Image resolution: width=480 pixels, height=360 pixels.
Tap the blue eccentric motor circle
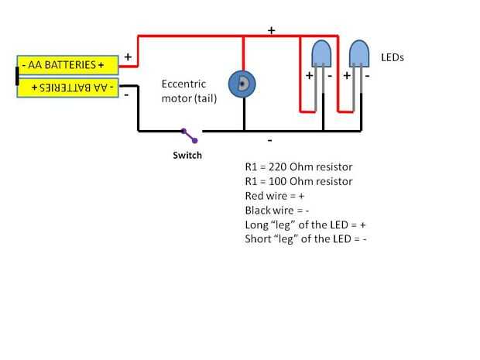click(242, 84)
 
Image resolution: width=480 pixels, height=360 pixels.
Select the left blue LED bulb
click(320, 53)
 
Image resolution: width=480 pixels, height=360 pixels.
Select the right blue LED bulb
click(358, 53)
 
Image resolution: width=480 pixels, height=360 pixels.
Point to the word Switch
click(187, 156)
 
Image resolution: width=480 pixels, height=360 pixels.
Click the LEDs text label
click(393, 57)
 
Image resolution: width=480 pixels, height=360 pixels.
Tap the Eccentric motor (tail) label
click(189, 91)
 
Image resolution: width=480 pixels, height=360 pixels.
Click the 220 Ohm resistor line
click(298, 167)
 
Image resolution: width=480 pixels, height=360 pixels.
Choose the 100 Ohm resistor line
click(298, 181)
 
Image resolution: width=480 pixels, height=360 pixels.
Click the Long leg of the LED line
click(305, 225)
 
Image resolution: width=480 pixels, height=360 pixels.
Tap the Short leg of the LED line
click(305, 239)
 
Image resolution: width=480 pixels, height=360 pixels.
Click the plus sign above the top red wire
click(272, 30)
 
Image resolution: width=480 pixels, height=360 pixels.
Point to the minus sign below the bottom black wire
click(269, 141)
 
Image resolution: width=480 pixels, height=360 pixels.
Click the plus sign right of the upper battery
click(127, 57)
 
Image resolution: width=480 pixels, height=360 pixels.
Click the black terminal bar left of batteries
click(15, 76)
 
